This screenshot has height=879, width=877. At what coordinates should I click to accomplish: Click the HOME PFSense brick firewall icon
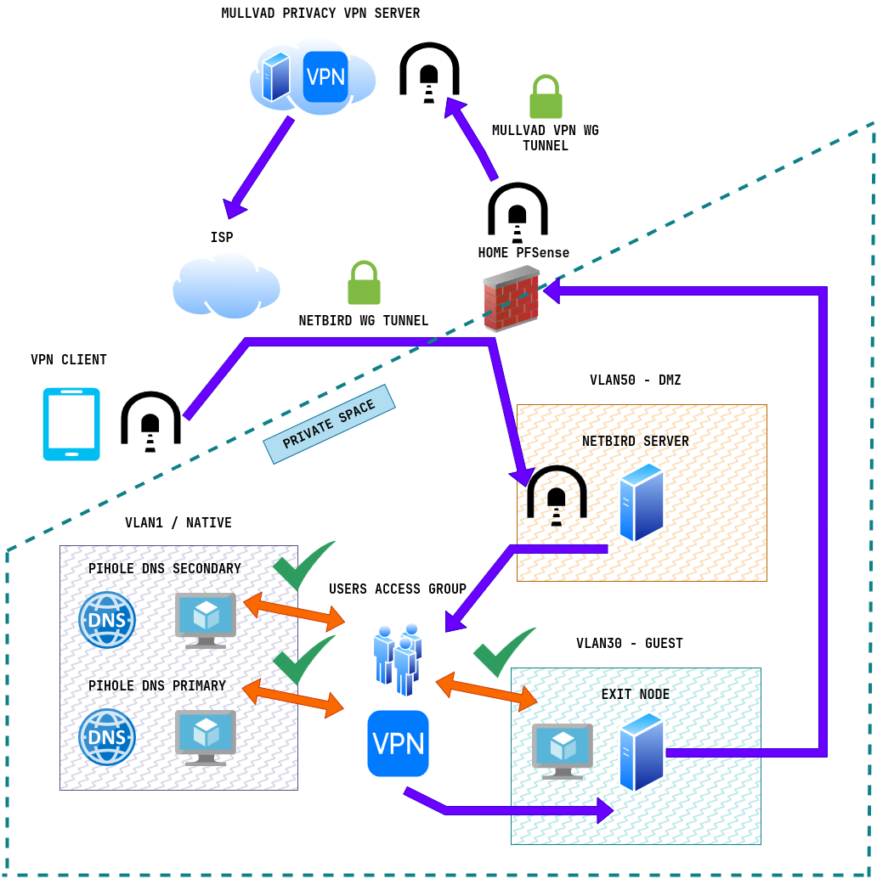pos(511,298)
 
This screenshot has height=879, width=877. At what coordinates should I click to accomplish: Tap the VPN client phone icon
pos(71,424)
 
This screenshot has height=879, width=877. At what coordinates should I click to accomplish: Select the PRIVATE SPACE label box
pos(329,424)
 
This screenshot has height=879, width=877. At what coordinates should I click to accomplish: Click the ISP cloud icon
pos(226,285)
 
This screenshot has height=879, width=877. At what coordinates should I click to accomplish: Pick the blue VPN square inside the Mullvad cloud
pos(325,76)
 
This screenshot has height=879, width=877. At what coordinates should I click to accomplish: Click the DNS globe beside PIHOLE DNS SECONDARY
pos(107,620)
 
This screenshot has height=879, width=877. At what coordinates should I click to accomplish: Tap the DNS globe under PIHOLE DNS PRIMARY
pos(107,737)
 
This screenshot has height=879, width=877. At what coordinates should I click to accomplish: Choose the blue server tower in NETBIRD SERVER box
pos(641,502)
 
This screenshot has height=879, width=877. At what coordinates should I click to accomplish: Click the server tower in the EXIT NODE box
pos(642,752)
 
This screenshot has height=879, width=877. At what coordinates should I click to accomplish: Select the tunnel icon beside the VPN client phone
pos(150,418)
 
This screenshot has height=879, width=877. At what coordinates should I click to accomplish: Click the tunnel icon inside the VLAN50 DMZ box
pos(557,492)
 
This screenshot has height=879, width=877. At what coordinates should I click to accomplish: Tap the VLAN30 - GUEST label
pos(629,644)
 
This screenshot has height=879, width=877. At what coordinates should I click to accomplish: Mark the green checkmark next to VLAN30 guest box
pos(503,651)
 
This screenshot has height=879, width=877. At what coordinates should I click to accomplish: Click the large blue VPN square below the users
pos(398,743)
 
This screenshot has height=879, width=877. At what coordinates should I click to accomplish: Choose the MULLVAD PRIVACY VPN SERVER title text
pos(320,14)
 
